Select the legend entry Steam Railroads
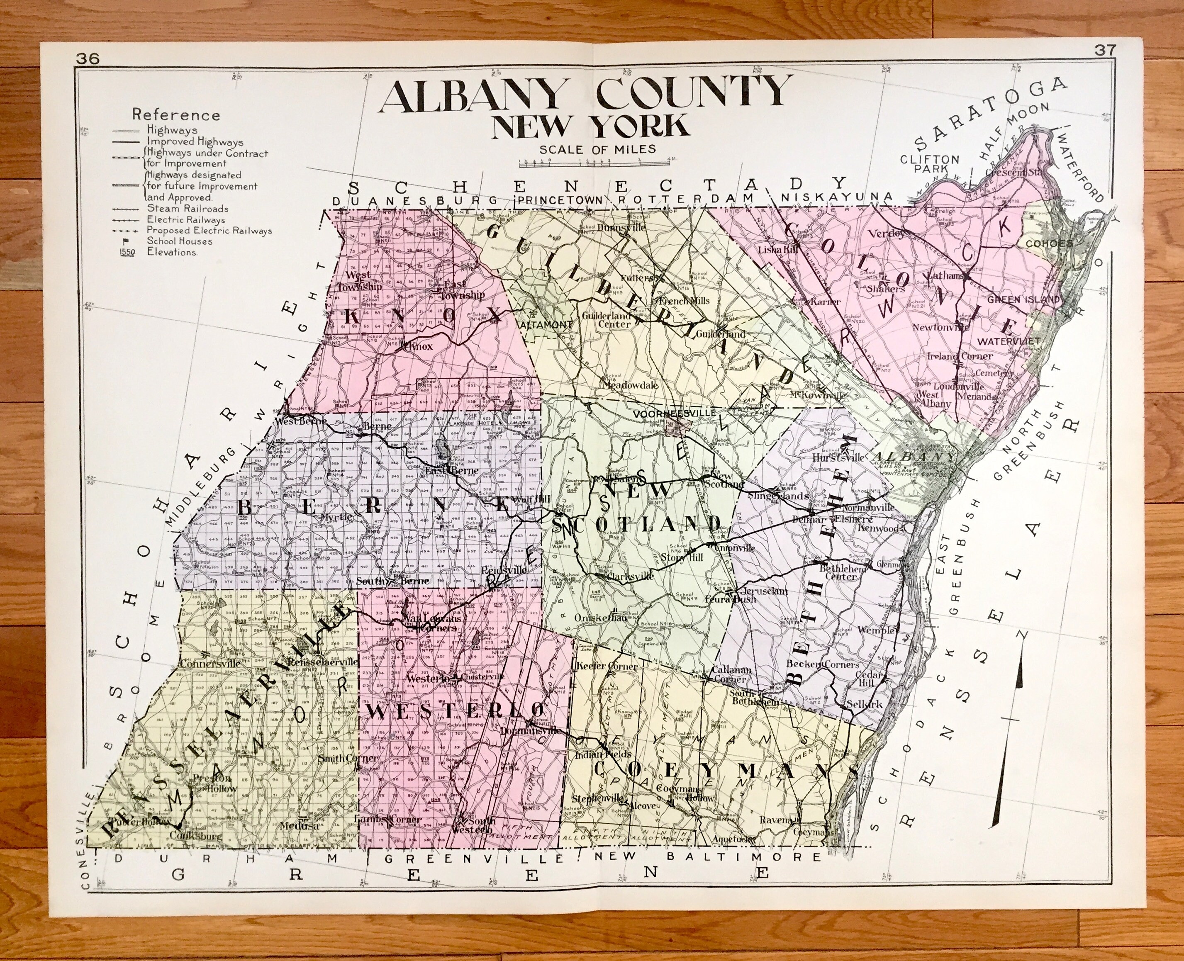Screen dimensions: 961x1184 pos(187,209)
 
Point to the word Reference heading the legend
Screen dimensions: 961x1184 pos(175,115)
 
